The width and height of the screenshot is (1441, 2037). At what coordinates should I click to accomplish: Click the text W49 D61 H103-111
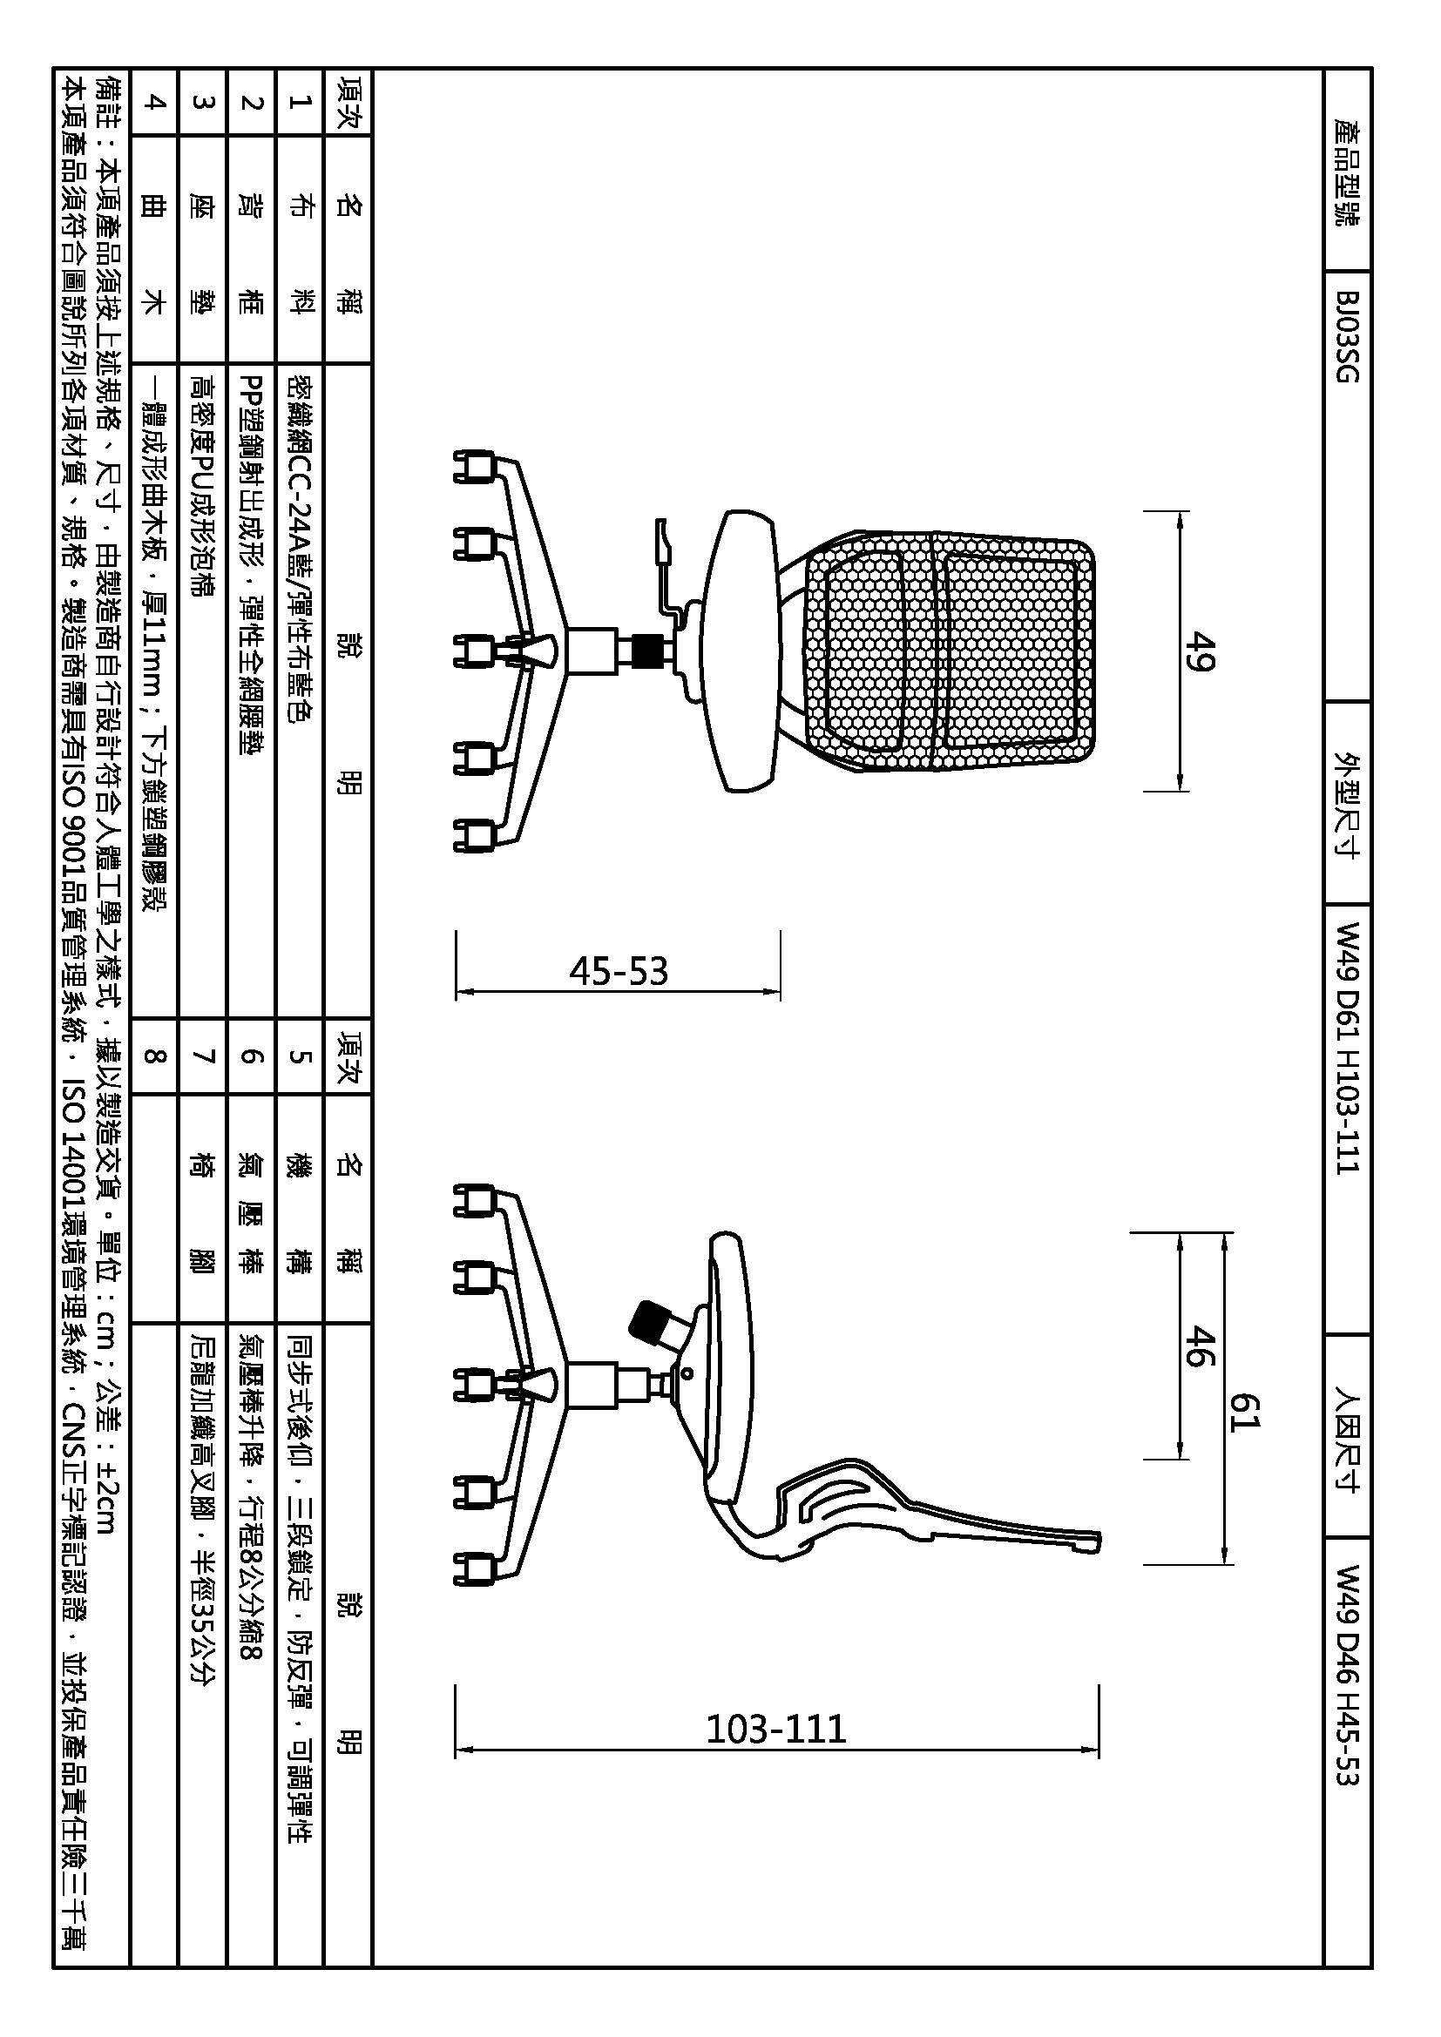(x=1347, y=1048)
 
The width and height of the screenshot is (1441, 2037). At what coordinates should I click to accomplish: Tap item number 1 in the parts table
(x=299, y=101)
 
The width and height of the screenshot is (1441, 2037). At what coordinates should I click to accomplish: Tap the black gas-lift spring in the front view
(x=653, y=653)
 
